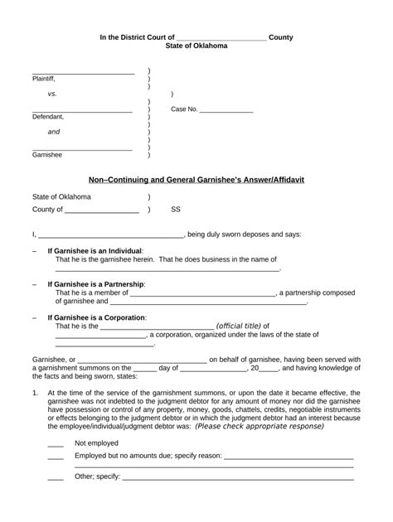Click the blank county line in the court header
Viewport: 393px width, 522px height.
[221, 39]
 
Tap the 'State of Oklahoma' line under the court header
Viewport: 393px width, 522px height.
[196, 47]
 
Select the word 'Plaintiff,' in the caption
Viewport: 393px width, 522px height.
[44, 79]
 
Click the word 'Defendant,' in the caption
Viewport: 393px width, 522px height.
[48, 117]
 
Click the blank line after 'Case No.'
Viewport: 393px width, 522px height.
[226, 111]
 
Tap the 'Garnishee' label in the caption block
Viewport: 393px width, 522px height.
[47, 155]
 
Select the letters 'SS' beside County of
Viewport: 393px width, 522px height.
[176, 210]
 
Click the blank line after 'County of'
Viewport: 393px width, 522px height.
[101, 212]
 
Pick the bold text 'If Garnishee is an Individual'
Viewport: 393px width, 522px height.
[95, 250]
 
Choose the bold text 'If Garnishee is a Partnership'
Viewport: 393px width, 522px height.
[96, 284]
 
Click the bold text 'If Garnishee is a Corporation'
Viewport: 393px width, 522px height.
[97, 317]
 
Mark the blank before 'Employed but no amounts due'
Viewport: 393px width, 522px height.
[56, 457]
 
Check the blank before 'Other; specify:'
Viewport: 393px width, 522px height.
[56, 478]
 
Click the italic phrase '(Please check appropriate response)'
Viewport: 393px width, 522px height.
[259, 426]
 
